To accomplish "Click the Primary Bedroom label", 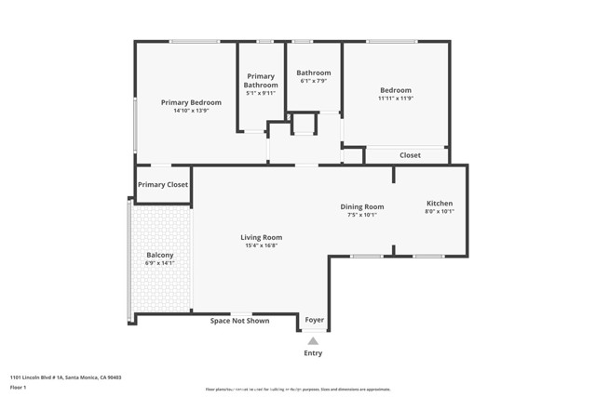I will point(191,102).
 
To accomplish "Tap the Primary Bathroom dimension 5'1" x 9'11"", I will point(261,93).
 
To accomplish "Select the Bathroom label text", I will point(314,73).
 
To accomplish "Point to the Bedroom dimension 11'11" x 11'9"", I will point(395,98).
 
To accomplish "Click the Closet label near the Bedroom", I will point(410,155).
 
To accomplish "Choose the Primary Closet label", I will point(163,185).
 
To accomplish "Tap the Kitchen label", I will point(440,204).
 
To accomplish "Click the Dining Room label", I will point(361,206).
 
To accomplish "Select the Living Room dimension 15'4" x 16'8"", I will point(261,245).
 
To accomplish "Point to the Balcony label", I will point(160,255).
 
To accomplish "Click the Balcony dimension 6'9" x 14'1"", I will point(160,263).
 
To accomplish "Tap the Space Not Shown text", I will point(239,321).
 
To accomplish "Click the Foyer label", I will point(315,320).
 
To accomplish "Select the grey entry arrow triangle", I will point(313,341).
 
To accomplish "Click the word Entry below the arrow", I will point(314,353).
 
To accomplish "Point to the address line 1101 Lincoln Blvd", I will point(65,377).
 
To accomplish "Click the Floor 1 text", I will point(18,387).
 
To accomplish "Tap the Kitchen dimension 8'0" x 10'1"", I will point(440,212).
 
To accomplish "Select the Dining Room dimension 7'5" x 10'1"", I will point(361,215).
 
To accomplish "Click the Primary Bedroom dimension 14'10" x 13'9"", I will point(191,111).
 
